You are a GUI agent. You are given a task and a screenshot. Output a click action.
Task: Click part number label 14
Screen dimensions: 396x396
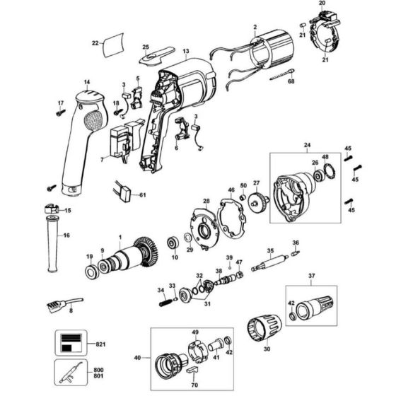pos(87,82)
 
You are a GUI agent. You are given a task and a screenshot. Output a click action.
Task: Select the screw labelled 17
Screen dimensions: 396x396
pos(61,112)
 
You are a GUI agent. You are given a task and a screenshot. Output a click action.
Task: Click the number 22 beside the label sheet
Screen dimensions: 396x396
pos(95,43)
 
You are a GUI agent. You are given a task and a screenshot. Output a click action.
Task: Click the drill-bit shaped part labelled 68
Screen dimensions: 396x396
pos(282,74)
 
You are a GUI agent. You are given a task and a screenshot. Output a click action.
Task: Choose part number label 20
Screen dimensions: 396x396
pos(322,3)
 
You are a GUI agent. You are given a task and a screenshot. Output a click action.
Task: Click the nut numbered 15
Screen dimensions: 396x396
pos(52,209)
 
